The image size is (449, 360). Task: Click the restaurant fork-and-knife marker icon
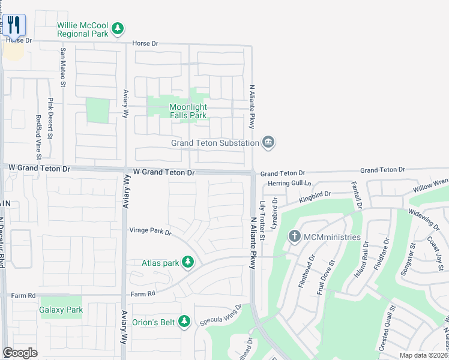tap(15, 25)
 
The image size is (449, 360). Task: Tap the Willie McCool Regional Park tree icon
tap(119, 28)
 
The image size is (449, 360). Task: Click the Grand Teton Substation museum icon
tap(268, 142)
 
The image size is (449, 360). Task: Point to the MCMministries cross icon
tap(294, 236)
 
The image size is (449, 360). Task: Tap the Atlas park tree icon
tap(188, 262)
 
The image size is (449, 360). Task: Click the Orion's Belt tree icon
tap(185, 322)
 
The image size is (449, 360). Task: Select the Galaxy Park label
tap(61, 310)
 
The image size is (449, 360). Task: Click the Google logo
tap(20, 353)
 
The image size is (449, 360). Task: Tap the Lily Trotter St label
tap(262, 221)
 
